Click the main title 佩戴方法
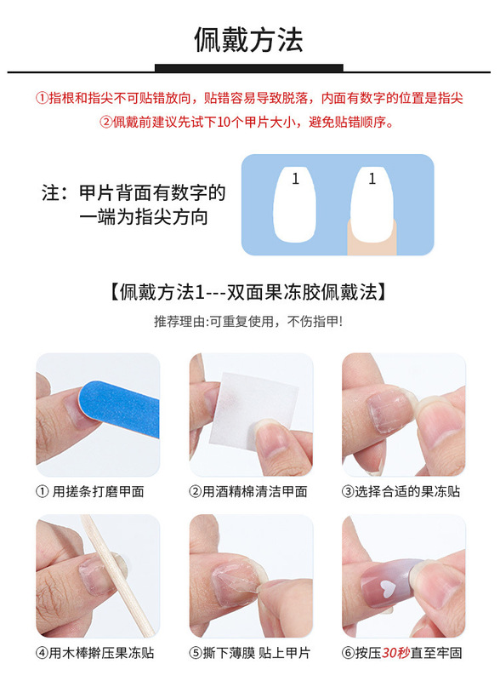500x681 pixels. (248, 39)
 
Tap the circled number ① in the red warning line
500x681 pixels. (43, 98)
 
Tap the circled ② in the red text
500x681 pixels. (106, 122)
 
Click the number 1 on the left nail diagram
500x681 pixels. (295, 179)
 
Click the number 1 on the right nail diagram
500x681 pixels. (372, 179)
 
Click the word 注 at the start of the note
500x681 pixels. (51, 193)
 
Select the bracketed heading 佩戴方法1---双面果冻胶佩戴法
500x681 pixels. (248, 292)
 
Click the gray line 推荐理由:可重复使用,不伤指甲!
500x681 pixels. (248, 322)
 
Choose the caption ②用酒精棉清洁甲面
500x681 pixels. (248, 492)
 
